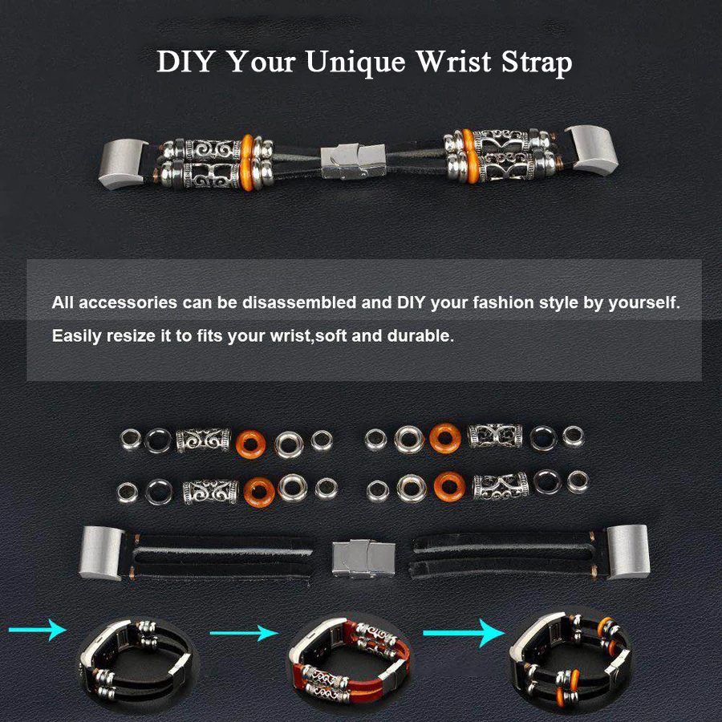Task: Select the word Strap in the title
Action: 536,63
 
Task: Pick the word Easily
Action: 77,335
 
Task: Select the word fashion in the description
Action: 502,303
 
